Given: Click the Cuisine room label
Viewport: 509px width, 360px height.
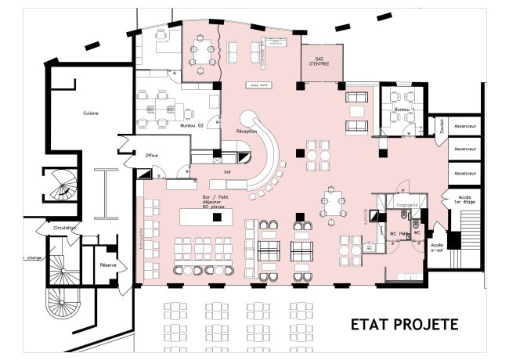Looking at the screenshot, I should (91, 113).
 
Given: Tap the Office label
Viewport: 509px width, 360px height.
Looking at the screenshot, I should (152, 155).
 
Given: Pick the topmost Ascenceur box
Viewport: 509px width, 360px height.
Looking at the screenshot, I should (467, 125).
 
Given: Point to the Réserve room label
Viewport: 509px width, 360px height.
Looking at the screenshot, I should (108, 265).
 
